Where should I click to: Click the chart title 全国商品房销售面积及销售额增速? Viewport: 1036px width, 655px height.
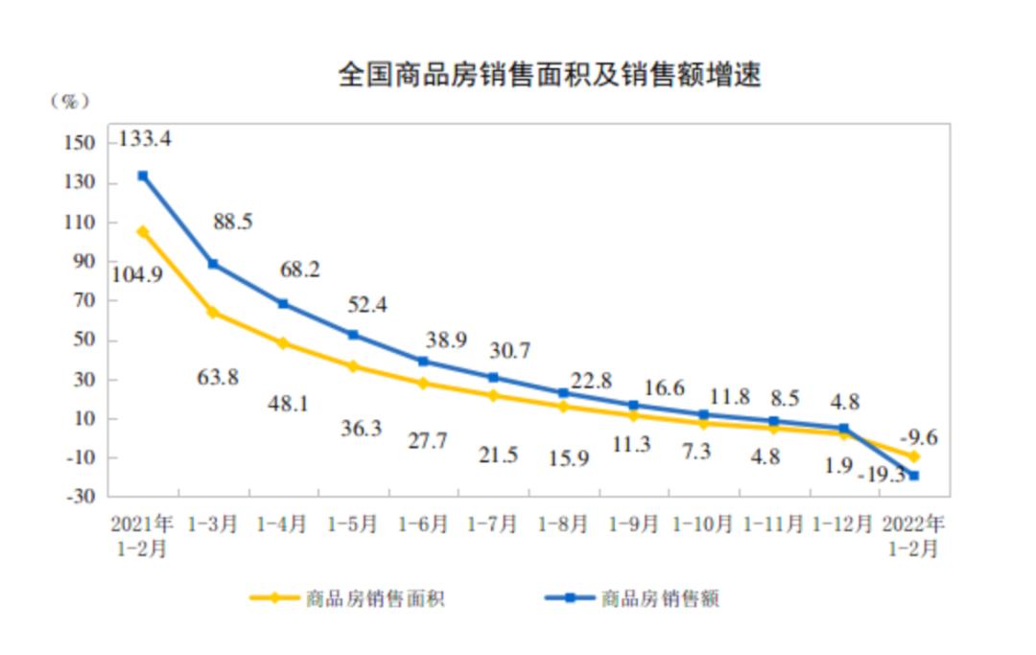click(549, 75)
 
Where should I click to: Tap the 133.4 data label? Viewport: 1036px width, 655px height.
click(145, 139)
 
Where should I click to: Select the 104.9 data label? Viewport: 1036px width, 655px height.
click(137, 273)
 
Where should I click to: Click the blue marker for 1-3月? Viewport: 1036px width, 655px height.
click(213, 264)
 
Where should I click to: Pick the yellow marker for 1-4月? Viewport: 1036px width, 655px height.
click(283, 342)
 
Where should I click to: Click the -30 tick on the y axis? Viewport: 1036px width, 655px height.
click(82, 497)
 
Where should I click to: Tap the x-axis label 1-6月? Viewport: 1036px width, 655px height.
click(423, 525)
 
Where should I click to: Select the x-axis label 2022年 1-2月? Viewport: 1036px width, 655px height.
click(913, 536)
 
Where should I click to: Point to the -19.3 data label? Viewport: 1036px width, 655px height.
click(882, 474)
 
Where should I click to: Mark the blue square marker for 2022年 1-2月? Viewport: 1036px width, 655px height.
click(914, 476)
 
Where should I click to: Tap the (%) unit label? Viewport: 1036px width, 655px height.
click(69, 101)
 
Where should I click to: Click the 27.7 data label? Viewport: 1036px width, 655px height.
click(424, 441)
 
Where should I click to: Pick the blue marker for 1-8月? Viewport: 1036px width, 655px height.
click(564, 393)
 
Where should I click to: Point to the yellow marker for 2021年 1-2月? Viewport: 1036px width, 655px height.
click(143, 231)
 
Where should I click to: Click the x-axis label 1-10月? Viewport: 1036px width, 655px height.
click(703, 525)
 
